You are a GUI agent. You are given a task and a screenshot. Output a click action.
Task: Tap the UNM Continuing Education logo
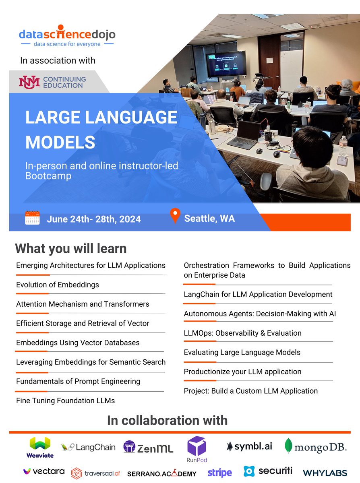click(52, 82)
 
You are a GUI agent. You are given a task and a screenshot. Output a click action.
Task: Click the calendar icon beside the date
click(32, 218)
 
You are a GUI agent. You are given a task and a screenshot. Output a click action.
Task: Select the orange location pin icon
click(175, 216)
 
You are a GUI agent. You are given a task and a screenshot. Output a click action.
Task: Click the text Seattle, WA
click(209, 219)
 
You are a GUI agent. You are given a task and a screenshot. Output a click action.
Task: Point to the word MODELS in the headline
click(60, 142)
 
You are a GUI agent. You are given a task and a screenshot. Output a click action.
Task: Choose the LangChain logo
click(88, 447)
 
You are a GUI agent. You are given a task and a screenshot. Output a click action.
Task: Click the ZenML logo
click(148, 447)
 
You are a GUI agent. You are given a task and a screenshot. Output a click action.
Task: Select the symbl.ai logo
click(249, 446)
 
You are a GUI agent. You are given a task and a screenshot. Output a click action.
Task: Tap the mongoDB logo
click(316, 446)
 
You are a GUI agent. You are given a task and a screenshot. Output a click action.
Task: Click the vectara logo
click(43, 471)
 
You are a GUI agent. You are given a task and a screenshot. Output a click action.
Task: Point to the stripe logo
click(219, 473)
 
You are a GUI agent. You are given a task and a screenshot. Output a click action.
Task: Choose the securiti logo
click(268, 471)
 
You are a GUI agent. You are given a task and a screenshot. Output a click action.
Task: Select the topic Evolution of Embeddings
click(58, 285)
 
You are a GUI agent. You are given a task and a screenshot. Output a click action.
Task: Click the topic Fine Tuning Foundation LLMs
click(66, 400)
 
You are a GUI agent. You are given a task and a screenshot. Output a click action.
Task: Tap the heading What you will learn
click(71, 248)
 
